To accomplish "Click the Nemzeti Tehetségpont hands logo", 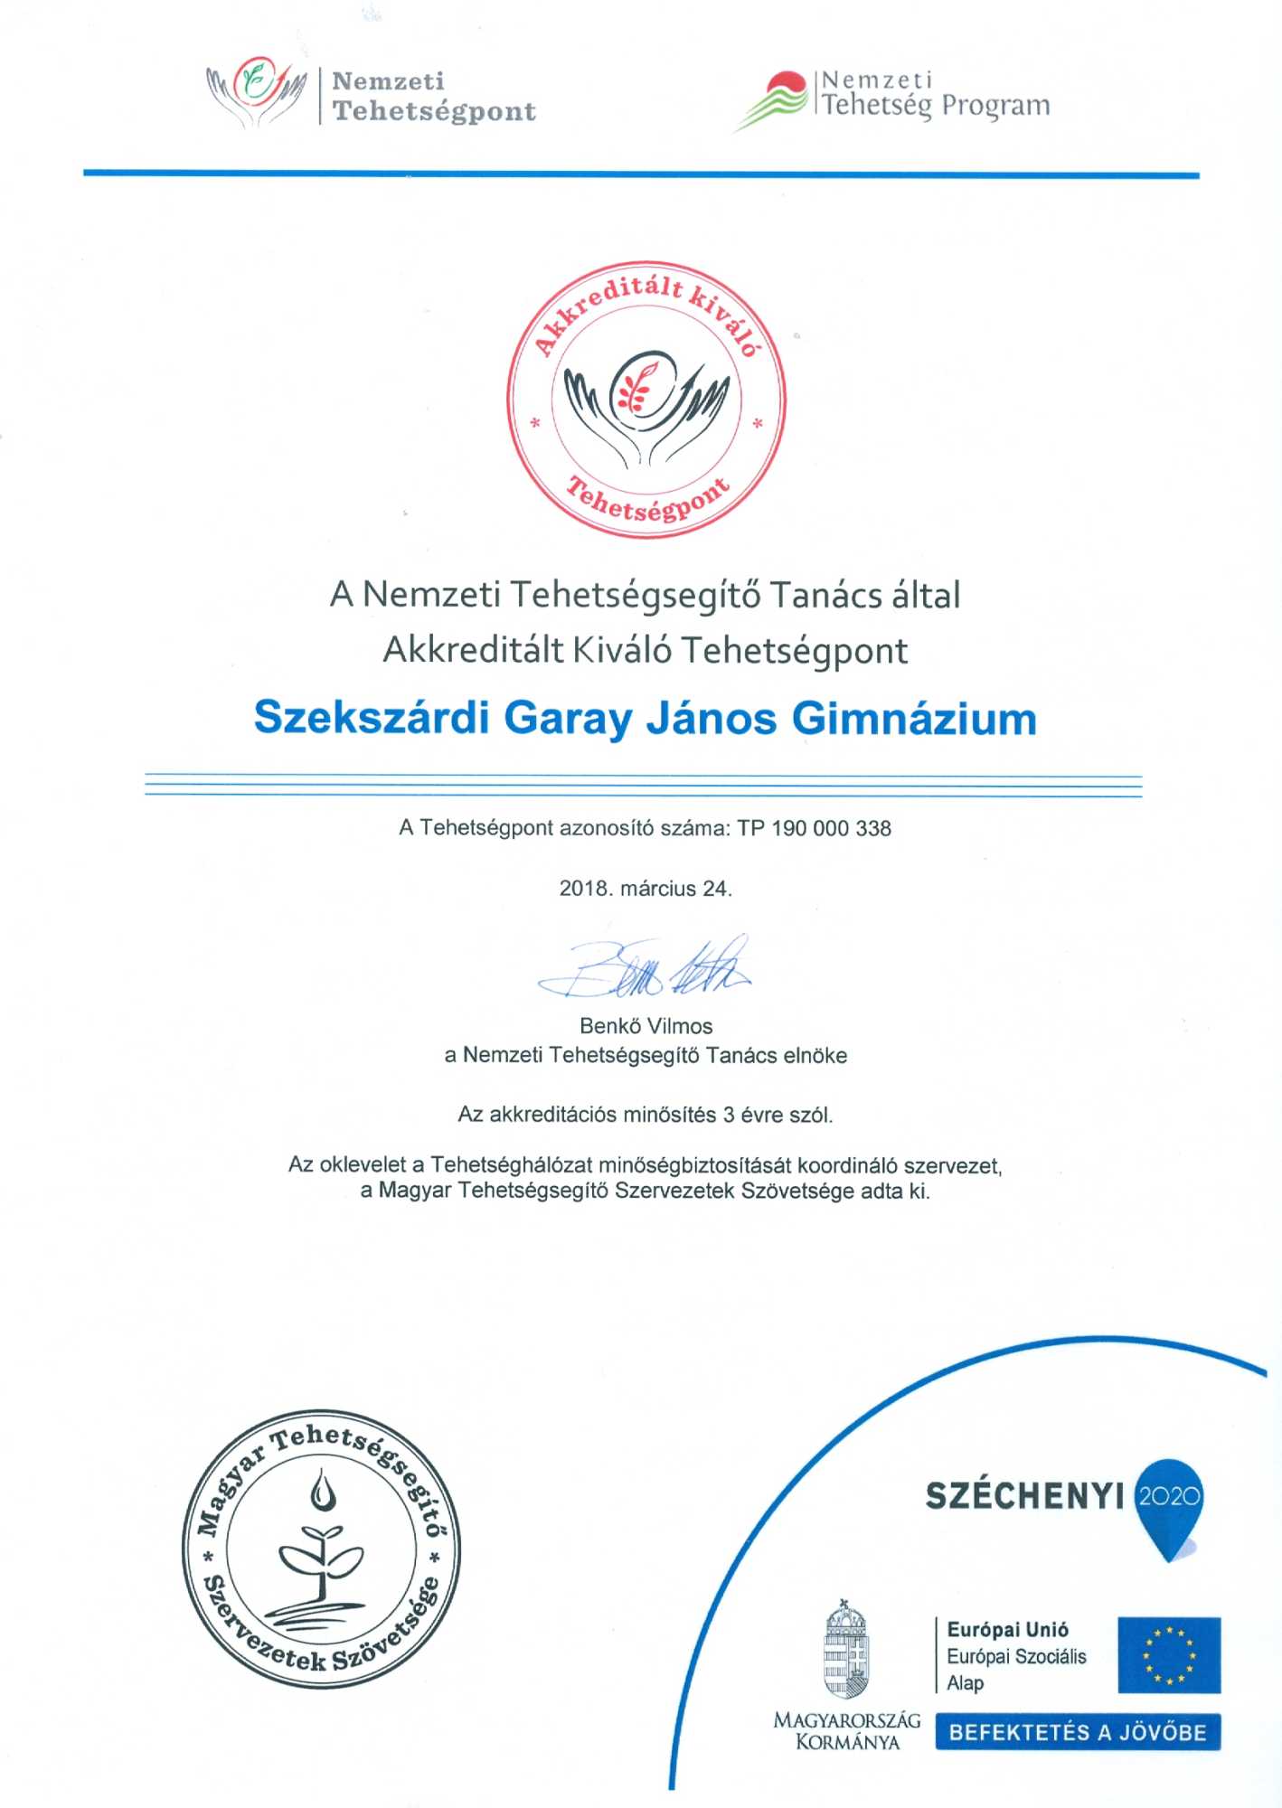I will (x=257, y=90).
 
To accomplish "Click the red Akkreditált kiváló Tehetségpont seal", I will (x=646, y=400).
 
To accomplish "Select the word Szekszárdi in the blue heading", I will (x=372, y=719).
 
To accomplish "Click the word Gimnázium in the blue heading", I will (x=914, y=720).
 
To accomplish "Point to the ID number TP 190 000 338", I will (x=814, y=828).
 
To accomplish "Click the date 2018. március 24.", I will (x=646, y=889).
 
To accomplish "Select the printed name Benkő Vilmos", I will (x=646, y=1026).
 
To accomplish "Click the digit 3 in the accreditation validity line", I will (x=729, y=1115).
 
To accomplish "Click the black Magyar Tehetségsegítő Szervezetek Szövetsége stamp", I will (x=321, y=1549).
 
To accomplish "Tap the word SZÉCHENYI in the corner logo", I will (x=1024, y=1497).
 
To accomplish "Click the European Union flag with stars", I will (x=1169, y=1654).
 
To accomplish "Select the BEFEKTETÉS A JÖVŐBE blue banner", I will (x=1078, y=1732).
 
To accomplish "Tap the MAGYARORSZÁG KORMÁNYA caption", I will (x=846, y=1731).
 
